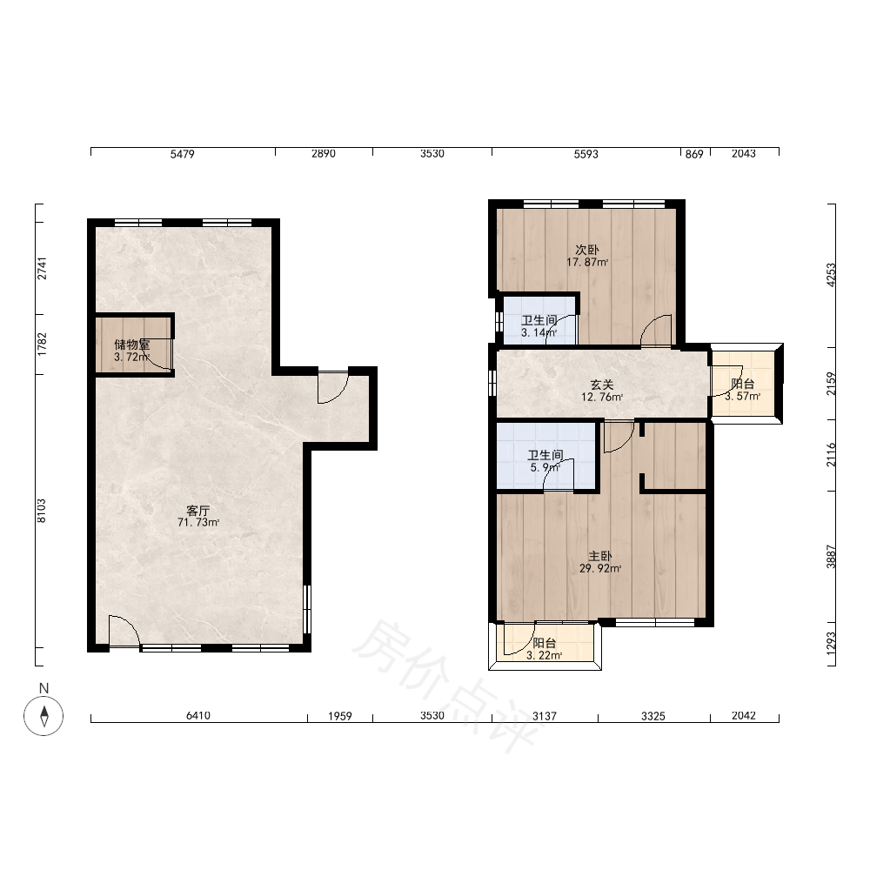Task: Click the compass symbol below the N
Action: pos(43,715)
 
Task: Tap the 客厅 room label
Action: pos(197,511)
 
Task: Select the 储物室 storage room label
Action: pos(132,345)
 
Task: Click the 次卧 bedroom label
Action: pos(587,251)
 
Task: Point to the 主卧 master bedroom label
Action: pos(599,556)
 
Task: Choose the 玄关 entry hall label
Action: pos(601,385)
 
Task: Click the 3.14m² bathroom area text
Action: pos(539,333)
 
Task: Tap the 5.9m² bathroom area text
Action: pos(545,468)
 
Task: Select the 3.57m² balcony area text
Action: pos(742,397)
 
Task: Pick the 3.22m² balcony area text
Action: pos(545,655)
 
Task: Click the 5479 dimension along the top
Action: pos(182,154)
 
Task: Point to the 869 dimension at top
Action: pos(694,154)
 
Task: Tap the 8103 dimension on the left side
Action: pos(42,511)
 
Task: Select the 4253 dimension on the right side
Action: pos(831,275)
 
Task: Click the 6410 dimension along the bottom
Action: pos(198,716)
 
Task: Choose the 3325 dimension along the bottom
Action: pos(653,716)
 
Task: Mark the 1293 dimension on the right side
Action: pos(831,644)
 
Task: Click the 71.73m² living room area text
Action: pos(198,523)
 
